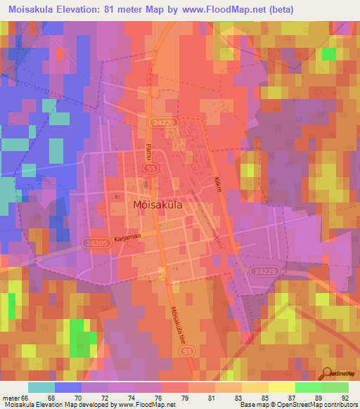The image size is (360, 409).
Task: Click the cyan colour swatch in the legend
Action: tap(41, 387)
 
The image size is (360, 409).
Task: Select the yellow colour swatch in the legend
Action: tap(281, 387)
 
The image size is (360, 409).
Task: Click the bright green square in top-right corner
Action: tap(328, 54)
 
